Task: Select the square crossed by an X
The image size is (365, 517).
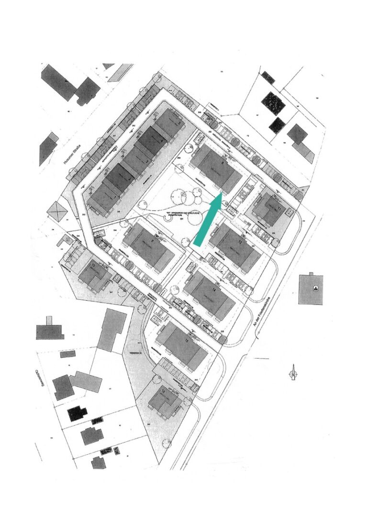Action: click(57, 211)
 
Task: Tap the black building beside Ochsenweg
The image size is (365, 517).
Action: click(77, 413)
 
